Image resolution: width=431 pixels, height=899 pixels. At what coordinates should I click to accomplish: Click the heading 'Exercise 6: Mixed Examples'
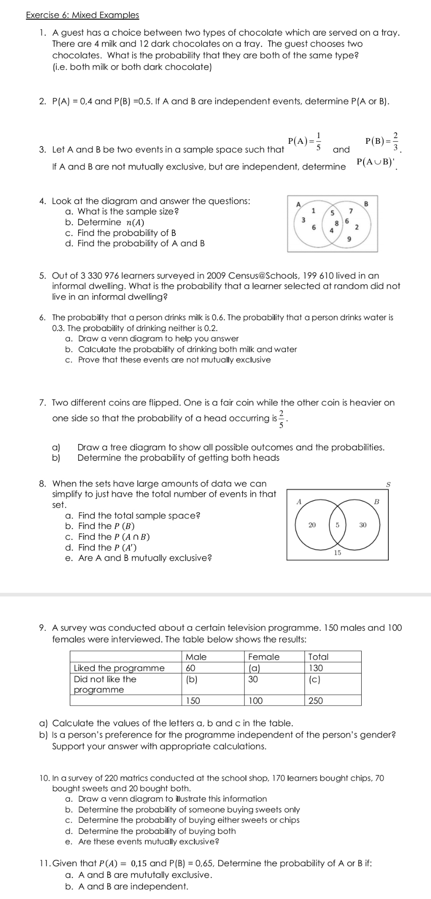pyautogui.click(x=82, y=15)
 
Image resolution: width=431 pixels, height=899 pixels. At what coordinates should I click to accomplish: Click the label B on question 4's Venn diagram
pyautogui.click(x=367, y=203)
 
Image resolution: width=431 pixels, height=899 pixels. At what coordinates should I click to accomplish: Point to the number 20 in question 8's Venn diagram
pyautogui.click(x=312, y=525)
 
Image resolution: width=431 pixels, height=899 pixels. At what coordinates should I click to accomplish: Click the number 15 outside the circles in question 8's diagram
pyautogui.click(x=337, y=553)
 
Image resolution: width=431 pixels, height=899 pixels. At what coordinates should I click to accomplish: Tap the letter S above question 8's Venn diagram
pyautogui.click(x=388, y=484)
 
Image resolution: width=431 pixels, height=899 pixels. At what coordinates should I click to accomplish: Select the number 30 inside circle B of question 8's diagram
pyautogui.click(x=363, y=525)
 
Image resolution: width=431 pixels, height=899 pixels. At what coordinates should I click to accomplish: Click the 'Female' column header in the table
pyautogui.click(x=264, y=657)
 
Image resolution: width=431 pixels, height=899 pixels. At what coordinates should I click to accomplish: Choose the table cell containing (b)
pyautogui.click(x=191, y=679)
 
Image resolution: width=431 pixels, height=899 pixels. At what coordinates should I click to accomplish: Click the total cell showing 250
pyautogui.click(x=316, y=701)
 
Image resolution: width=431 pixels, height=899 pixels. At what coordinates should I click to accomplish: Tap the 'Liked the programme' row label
pyautogui.click(x=119, y=668)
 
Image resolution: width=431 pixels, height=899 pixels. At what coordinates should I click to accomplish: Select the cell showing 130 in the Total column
pyautogui.click(x=316, y=668)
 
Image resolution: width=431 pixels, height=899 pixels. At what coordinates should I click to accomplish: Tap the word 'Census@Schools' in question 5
pyautogui.click(x=262, y=275)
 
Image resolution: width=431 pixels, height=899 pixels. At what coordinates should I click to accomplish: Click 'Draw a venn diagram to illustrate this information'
pyautogui.click(x=172, y=799)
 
